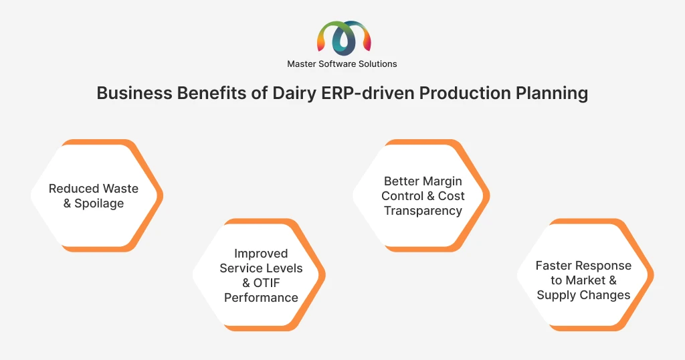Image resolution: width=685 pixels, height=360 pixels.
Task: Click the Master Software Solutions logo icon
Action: [x=344, y=38]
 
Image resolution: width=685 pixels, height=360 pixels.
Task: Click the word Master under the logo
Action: [x=302, y=64]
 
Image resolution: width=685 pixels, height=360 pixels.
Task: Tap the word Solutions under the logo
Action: [x=377, y=64]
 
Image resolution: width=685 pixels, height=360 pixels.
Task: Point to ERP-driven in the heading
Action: [x=368, y=93]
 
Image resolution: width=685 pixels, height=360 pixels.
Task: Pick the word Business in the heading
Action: [x=134, y=93]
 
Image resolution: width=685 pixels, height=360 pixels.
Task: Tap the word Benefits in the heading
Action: [x=211, y=93]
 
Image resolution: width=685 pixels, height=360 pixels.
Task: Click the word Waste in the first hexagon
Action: [x=121, y=189]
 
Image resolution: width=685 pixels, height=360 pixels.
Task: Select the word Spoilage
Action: [x=99, y=203]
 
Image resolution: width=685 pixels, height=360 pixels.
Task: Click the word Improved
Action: [x=261, y=254]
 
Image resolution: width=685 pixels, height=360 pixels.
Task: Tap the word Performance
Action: [x=262, y=298]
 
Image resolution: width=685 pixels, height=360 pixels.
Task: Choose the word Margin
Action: [x=442, y=181]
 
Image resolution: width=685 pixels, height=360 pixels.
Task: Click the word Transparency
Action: [x=423, y=211]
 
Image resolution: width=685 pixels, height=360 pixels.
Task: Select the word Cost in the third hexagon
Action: [x=452, y=196]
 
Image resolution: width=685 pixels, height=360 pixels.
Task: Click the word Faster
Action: [x=553, y=266]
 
